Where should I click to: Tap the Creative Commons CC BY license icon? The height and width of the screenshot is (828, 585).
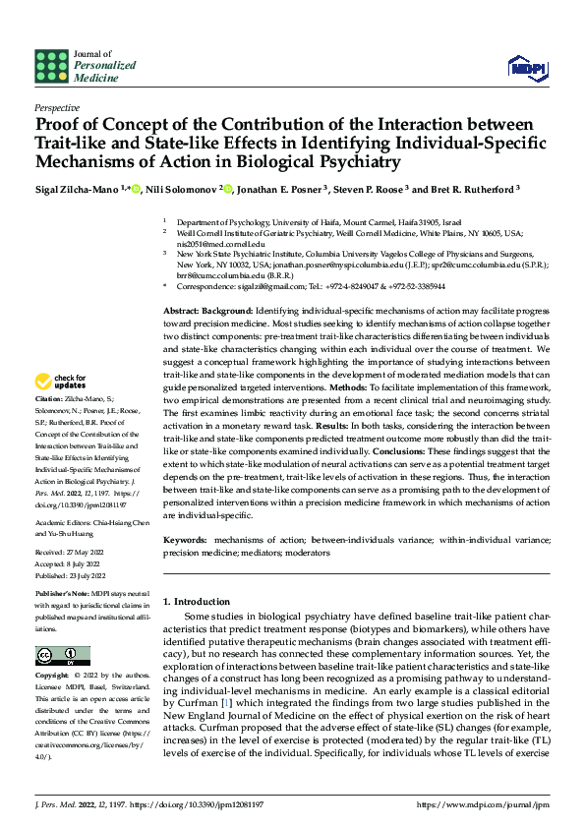click(x=56, y=656)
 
